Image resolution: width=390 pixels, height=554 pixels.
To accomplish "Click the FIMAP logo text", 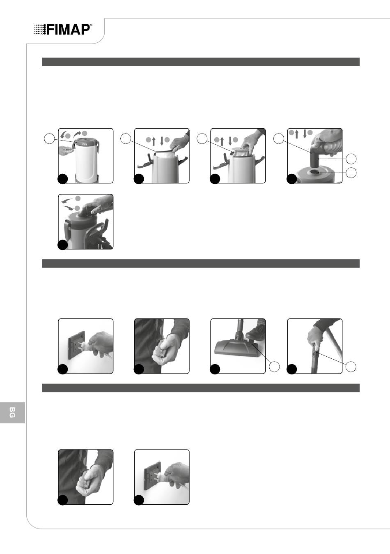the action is (x=68, y=30).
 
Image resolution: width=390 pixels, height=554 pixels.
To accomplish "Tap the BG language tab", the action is (x=12, y=413).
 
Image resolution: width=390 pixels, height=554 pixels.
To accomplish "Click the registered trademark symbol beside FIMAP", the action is (x=92, y=25).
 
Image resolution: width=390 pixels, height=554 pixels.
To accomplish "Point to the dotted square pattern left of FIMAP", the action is (x=40, y=30).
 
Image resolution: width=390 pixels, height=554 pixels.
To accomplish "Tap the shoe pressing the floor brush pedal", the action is (x=256, y=329).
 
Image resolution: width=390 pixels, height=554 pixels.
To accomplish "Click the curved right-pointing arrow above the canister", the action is (x=77, y=134).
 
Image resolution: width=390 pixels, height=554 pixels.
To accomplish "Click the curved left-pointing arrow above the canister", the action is (x=63, y=135).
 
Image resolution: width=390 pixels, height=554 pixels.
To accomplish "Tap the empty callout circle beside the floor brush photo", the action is (x=274, y=367).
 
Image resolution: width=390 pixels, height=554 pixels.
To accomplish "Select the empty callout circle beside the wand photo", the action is (x=351, y=367).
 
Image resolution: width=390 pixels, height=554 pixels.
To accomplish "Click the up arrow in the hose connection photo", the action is (x=297, y=134).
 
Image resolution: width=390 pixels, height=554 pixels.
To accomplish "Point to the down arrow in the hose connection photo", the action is (x=305, y=134).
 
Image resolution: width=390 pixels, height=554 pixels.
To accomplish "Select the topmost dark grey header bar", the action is (x=201, y=62).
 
